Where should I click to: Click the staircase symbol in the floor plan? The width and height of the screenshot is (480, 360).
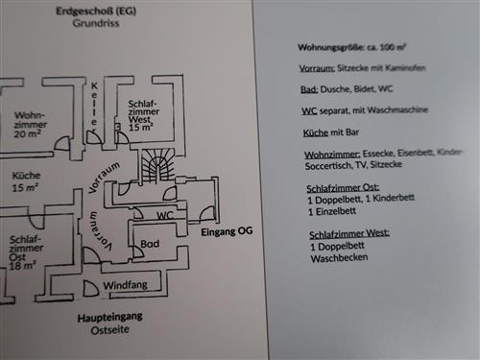[x=157, y=165]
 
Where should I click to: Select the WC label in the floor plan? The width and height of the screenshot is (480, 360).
[x=165, y=216]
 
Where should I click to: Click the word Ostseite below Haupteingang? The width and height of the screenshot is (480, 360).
[x=108, y=330]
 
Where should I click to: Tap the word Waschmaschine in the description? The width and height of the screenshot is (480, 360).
[x=415, y=111]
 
